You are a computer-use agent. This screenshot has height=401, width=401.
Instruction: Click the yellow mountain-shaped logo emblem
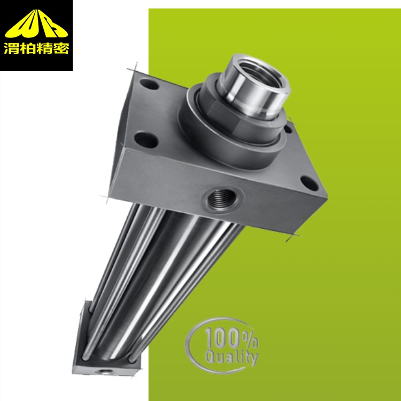(36, 24)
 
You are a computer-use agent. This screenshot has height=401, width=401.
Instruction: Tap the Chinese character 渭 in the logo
(12, 48)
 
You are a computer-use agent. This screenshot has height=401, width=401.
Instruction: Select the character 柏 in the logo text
(28, 48)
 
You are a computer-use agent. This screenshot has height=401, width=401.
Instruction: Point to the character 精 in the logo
(44, 48)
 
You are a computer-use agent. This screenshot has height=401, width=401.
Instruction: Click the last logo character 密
(60, 48)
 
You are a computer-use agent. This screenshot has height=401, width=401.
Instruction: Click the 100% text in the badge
(231, 338)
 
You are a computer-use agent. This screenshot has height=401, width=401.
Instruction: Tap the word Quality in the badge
(232, 357)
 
